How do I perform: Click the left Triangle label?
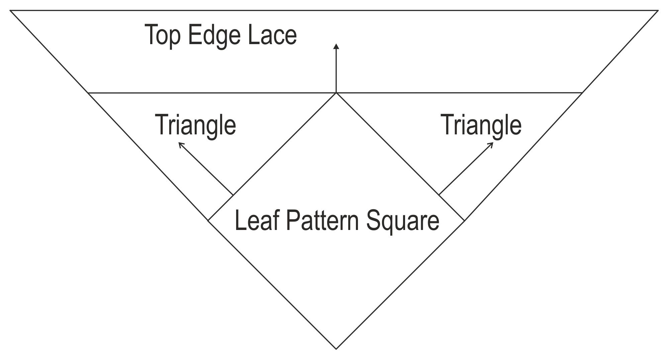click(x=196, y=125)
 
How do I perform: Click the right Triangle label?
click(x=482, y=125)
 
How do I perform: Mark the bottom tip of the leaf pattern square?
click(x=336, y=349)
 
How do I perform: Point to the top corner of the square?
click(x=336, y=93)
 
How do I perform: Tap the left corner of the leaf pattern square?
click(x=208, y=220)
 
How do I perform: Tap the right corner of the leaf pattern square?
click(x=464, y=221)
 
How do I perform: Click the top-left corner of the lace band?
click(x=10, y=11)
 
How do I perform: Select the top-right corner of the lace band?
click(x=658, y=11)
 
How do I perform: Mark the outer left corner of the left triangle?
click(x=88, y=93)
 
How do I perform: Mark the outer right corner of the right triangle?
click(x=583, y=93)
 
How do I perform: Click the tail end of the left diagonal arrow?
click(x=233, y=195)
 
